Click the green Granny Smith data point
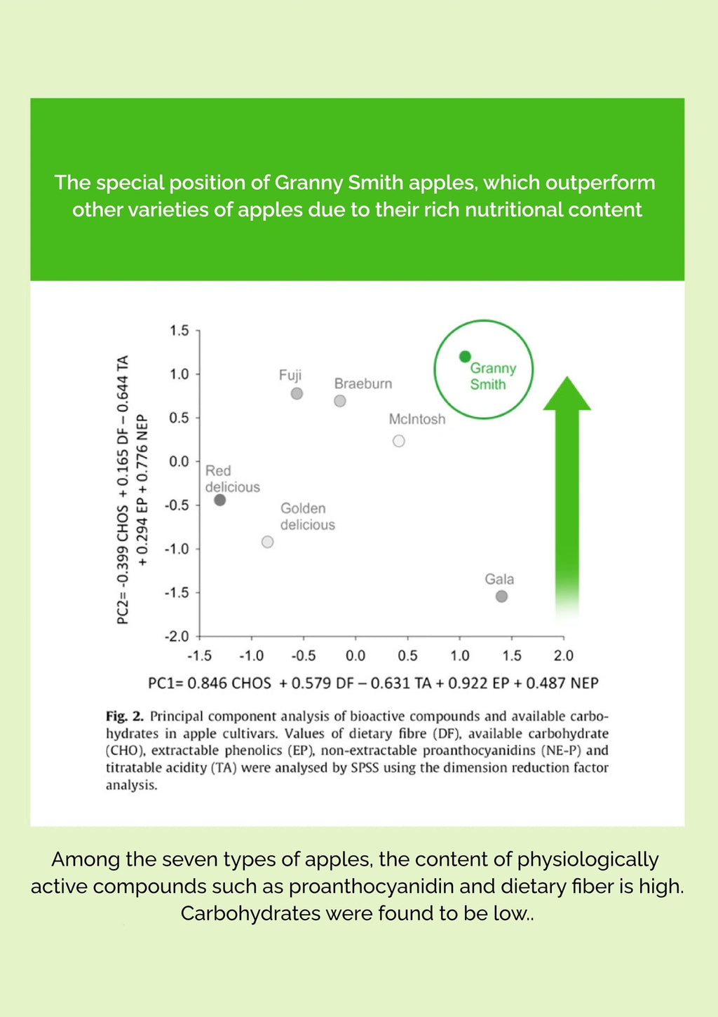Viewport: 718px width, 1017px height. [464, 357]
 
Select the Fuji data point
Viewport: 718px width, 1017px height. [297, 394]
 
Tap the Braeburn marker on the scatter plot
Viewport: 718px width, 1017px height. [340, 401]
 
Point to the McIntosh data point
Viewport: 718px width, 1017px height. [399, 441]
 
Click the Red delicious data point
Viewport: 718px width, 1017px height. [219, 500]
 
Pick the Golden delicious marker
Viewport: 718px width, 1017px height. [267, 542]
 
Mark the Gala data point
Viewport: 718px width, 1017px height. [501, 596]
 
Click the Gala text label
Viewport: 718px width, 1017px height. [499, 579]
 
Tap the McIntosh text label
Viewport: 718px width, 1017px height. [417, 419]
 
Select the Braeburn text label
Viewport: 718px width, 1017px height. [363, 383]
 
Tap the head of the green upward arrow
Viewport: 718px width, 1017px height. [567, 395]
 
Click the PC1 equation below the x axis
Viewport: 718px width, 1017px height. [373, 683]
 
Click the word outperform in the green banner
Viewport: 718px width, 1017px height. [600, 183]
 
